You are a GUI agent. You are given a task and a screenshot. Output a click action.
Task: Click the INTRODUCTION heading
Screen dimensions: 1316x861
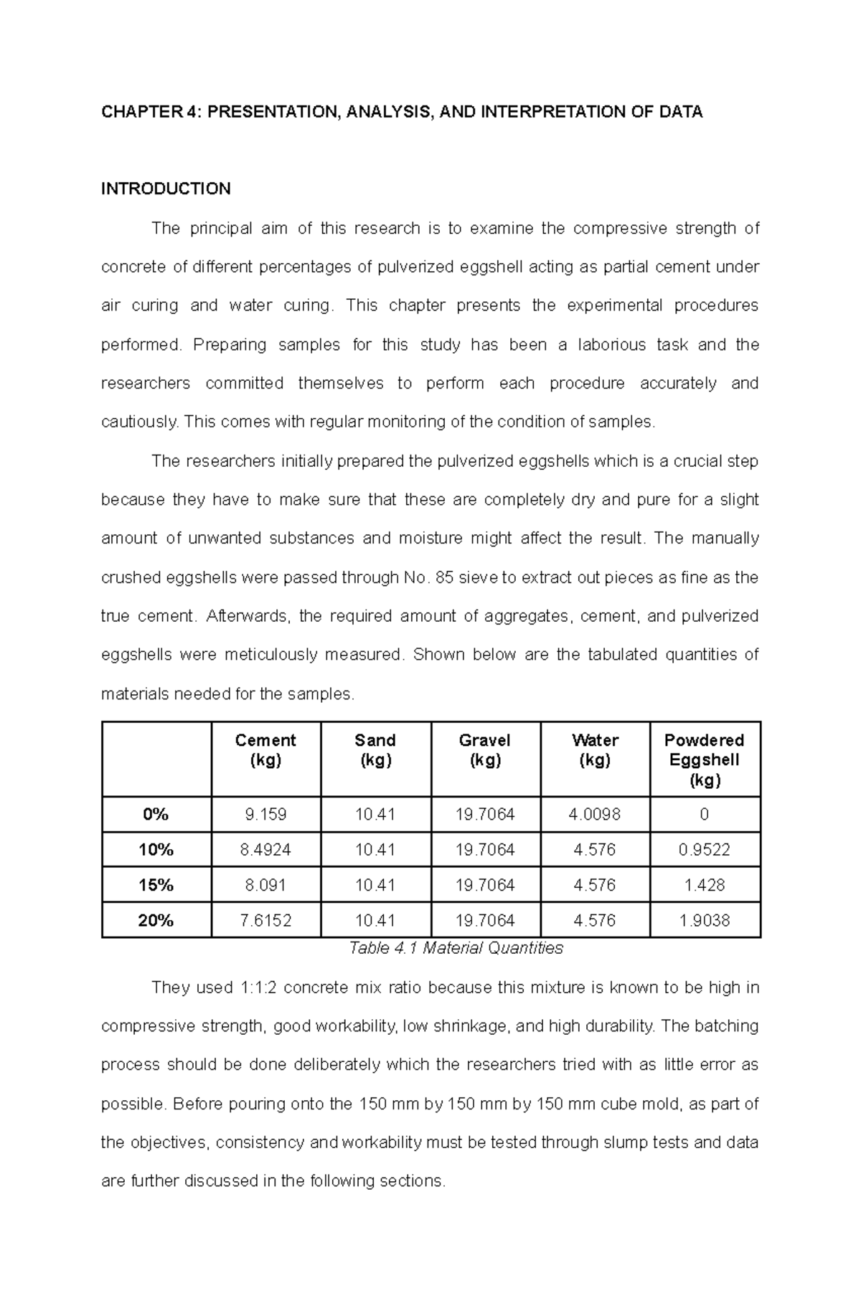166,189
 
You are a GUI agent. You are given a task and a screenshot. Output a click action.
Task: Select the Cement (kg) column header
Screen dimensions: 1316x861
265,750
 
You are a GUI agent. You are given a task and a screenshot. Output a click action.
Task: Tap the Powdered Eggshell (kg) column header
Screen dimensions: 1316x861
704,760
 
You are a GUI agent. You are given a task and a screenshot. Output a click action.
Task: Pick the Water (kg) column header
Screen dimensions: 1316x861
595,750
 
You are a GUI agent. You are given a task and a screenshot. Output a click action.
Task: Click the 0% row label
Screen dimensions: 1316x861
156,814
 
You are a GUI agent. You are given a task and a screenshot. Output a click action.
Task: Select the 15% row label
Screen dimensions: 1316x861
156,885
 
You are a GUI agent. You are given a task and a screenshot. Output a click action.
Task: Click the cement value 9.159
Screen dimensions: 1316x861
265,814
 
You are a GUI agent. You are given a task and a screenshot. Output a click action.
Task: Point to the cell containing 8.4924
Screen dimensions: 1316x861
265,850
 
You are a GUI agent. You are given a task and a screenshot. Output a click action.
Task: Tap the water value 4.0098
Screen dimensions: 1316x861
595,814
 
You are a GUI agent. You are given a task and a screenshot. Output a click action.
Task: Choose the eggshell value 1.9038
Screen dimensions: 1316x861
704,920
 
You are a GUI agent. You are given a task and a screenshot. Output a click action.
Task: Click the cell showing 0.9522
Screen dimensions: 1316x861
704,850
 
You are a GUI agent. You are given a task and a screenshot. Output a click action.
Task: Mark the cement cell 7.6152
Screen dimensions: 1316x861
265,920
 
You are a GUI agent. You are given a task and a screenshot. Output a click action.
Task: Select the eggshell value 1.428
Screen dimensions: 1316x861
704,885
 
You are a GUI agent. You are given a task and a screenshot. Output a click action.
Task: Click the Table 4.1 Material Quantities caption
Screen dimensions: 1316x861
456,948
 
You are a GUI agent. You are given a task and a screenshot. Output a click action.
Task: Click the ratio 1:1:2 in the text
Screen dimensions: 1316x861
255,988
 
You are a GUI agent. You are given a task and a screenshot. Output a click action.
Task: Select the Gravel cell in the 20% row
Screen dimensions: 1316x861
485,920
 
